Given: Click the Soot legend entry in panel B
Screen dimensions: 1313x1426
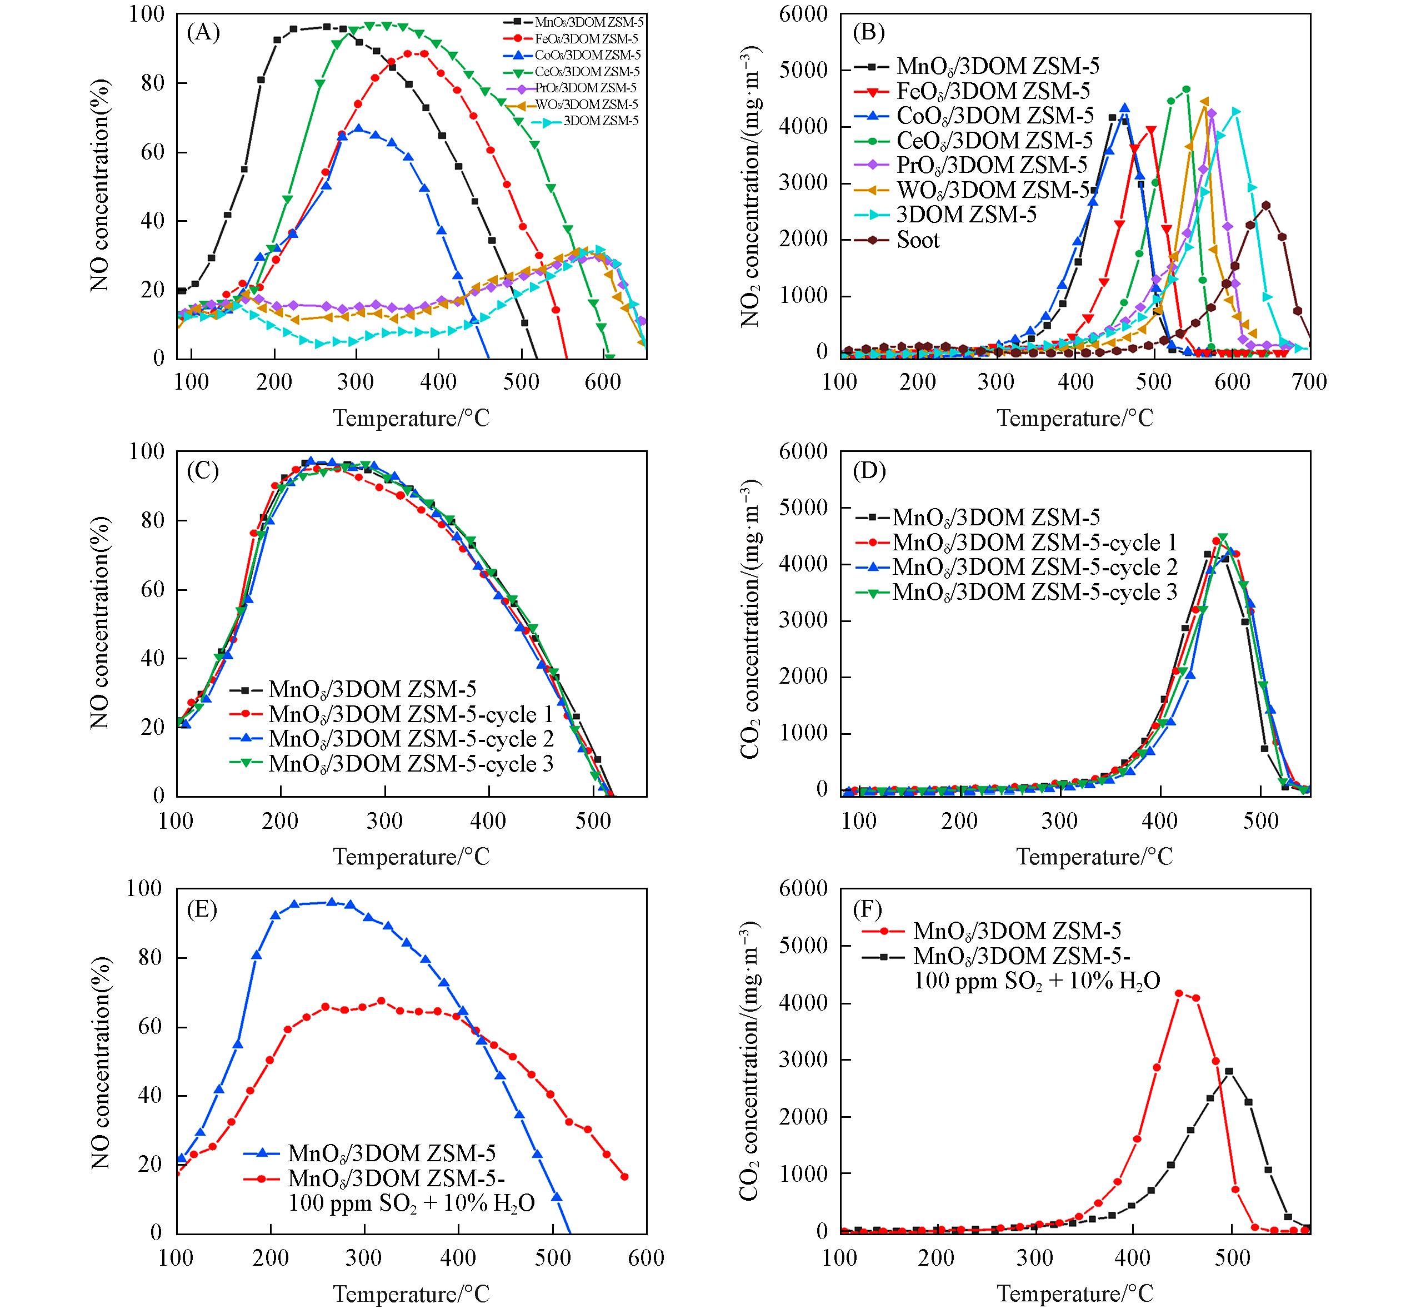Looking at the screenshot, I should point(918,240).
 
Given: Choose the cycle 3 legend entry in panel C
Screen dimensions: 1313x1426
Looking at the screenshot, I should point(411,764).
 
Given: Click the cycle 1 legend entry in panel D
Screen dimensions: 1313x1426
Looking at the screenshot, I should point(1034,542).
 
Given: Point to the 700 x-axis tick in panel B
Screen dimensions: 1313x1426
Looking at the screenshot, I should point(1309,382).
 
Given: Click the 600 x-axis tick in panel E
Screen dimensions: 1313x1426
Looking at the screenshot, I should point(646,1257).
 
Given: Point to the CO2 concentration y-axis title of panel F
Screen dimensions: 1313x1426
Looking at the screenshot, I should point(750,1061).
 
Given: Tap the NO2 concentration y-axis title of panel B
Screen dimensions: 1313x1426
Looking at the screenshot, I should point(750,186).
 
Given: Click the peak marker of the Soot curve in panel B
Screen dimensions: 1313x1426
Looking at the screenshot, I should point(1265,205).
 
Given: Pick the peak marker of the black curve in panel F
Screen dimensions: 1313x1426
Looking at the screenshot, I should point(1229,1071).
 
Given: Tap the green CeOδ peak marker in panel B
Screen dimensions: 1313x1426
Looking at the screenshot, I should point(1186,89).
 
